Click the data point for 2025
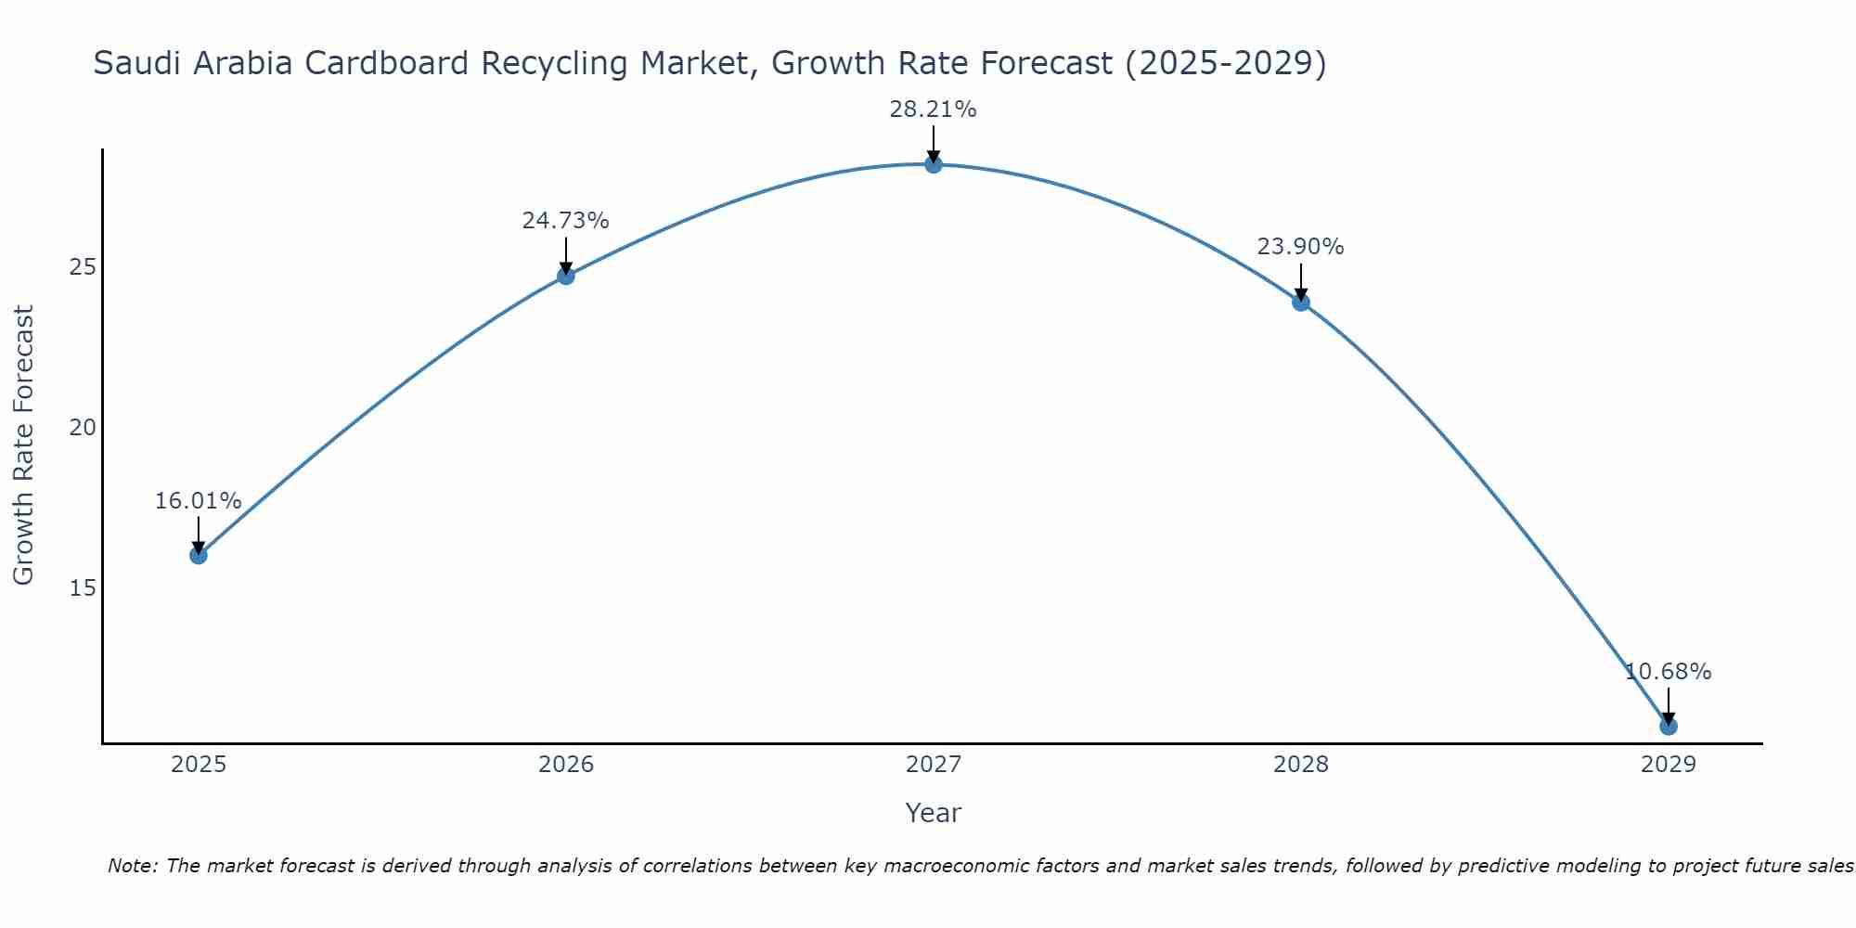(199, 555)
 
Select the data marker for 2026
(566, 276)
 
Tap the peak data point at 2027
(934, 164)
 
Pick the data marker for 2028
(1301, 302)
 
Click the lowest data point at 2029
(1669, 726)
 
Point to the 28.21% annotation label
(933, 110)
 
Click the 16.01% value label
(198, 501)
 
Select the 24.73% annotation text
(565, 221)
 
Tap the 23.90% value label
(1300, 247)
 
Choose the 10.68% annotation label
(1668, 672)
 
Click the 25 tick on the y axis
(83, 267)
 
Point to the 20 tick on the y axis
(83, 428)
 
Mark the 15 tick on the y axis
(83, 588)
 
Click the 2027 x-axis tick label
(934, 765)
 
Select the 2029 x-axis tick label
(1669, 765)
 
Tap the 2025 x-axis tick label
(199, 765)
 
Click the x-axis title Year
(933, 813)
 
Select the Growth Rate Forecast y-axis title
(23, 445)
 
